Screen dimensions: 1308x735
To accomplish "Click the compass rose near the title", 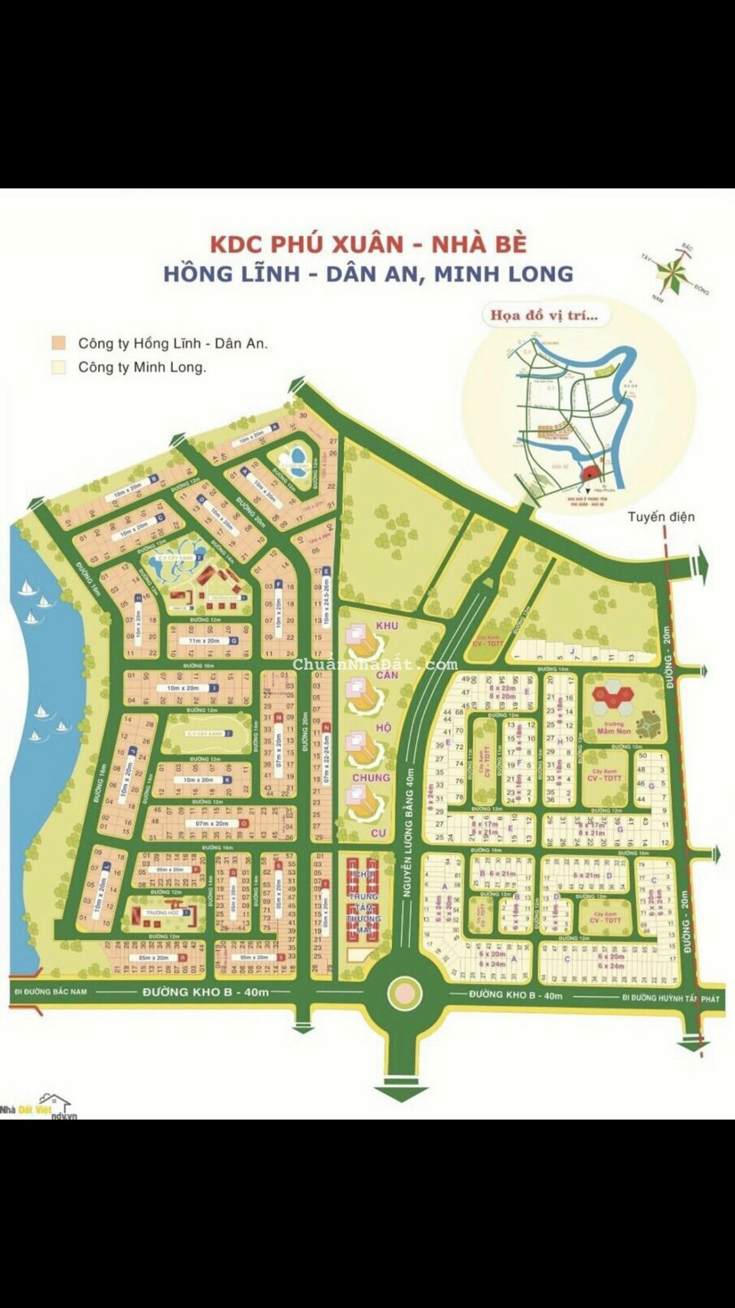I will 675,270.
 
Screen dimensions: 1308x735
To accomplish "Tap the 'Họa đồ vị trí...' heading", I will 544,315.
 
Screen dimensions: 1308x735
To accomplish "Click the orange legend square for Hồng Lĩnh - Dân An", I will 58,343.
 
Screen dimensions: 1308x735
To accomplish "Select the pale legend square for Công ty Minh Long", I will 58,367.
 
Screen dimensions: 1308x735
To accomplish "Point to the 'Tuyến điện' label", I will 661,516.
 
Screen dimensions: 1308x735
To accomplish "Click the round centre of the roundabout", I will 404,994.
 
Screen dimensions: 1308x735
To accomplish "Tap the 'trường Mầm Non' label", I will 614,727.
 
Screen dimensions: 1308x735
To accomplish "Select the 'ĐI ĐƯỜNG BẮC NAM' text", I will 51,992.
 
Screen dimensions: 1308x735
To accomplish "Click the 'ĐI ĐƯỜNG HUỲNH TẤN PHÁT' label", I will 670,998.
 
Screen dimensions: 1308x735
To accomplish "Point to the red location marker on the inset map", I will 590,472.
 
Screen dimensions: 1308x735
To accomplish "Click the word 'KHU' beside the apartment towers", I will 387,626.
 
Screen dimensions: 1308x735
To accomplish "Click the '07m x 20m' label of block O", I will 212,824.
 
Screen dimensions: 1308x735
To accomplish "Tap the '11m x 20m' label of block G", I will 204,641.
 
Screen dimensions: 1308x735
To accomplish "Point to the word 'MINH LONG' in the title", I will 504,274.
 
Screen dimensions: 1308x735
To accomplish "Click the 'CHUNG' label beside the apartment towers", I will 371,777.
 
